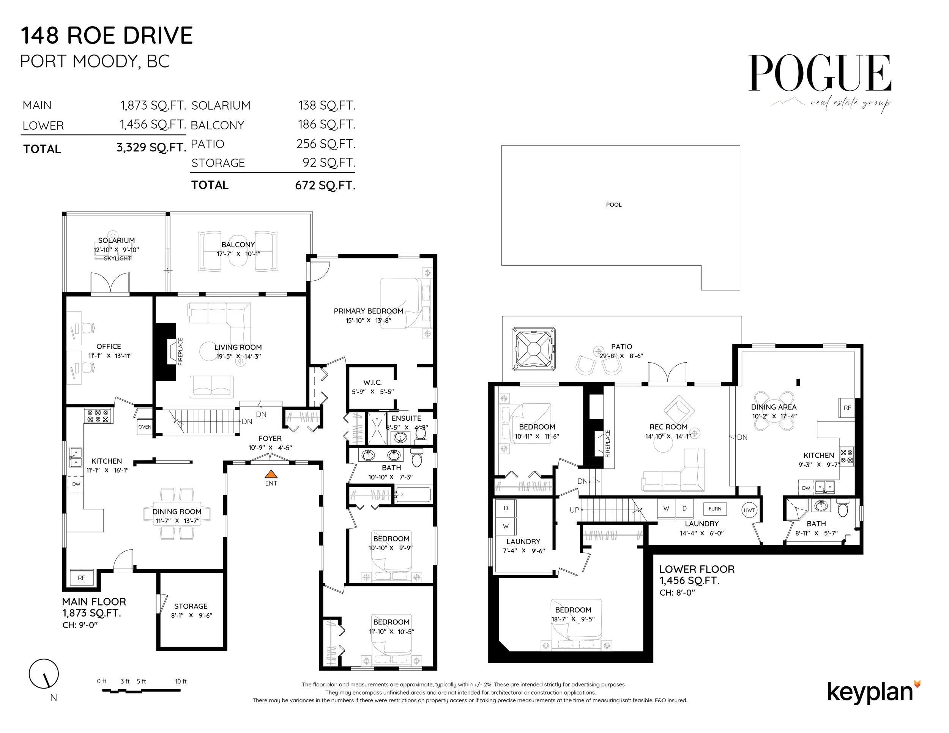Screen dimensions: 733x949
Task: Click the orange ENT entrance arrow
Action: tap(271, 474)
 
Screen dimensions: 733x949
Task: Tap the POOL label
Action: tap(613, 204)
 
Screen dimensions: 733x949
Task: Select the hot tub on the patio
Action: tap(534, 349)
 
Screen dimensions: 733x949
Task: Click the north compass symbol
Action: tap(44, 674)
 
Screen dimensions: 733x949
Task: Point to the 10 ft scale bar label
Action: tap(181, 681)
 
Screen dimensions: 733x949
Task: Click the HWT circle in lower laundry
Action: tap(749, 510)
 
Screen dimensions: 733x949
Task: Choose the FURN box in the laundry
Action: tap(715, 508)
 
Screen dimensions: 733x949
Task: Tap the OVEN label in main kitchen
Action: tap(145, 427)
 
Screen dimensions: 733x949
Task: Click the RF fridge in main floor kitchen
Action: tap(82, 577)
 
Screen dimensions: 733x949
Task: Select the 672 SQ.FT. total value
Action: tap(325, 186)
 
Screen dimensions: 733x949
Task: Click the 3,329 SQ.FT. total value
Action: tap(151, 148)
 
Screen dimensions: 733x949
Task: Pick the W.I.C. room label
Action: tap(372, 382)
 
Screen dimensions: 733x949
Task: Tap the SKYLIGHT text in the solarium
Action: tap(117, 258)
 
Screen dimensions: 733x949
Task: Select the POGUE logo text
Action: tap(820, 74)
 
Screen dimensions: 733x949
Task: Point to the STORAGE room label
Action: tap(191, 606)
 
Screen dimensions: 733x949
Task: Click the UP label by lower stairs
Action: tap(574, 510)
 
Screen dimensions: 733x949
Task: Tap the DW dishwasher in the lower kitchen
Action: tap(806, 488)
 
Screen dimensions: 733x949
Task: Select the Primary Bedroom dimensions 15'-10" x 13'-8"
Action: tap(369, 321)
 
